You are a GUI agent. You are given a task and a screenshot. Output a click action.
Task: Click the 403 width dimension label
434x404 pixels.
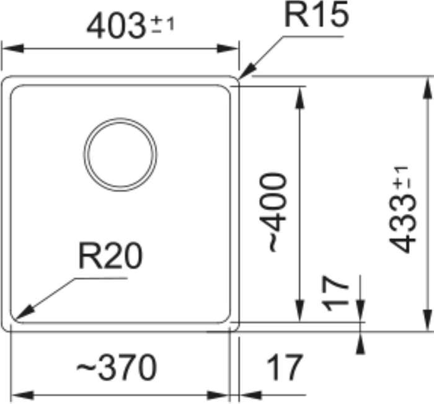(116, 26)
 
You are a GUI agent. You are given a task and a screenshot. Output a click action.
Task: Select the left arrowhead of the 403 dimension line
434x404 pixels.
(4, 48)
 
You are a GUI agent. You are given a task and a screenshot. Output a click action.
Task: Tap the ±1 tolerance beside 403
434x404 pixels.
(162, 25)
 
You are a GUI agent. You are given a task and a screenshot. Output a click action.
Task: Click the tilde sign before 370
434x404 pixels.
(84, 369)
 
